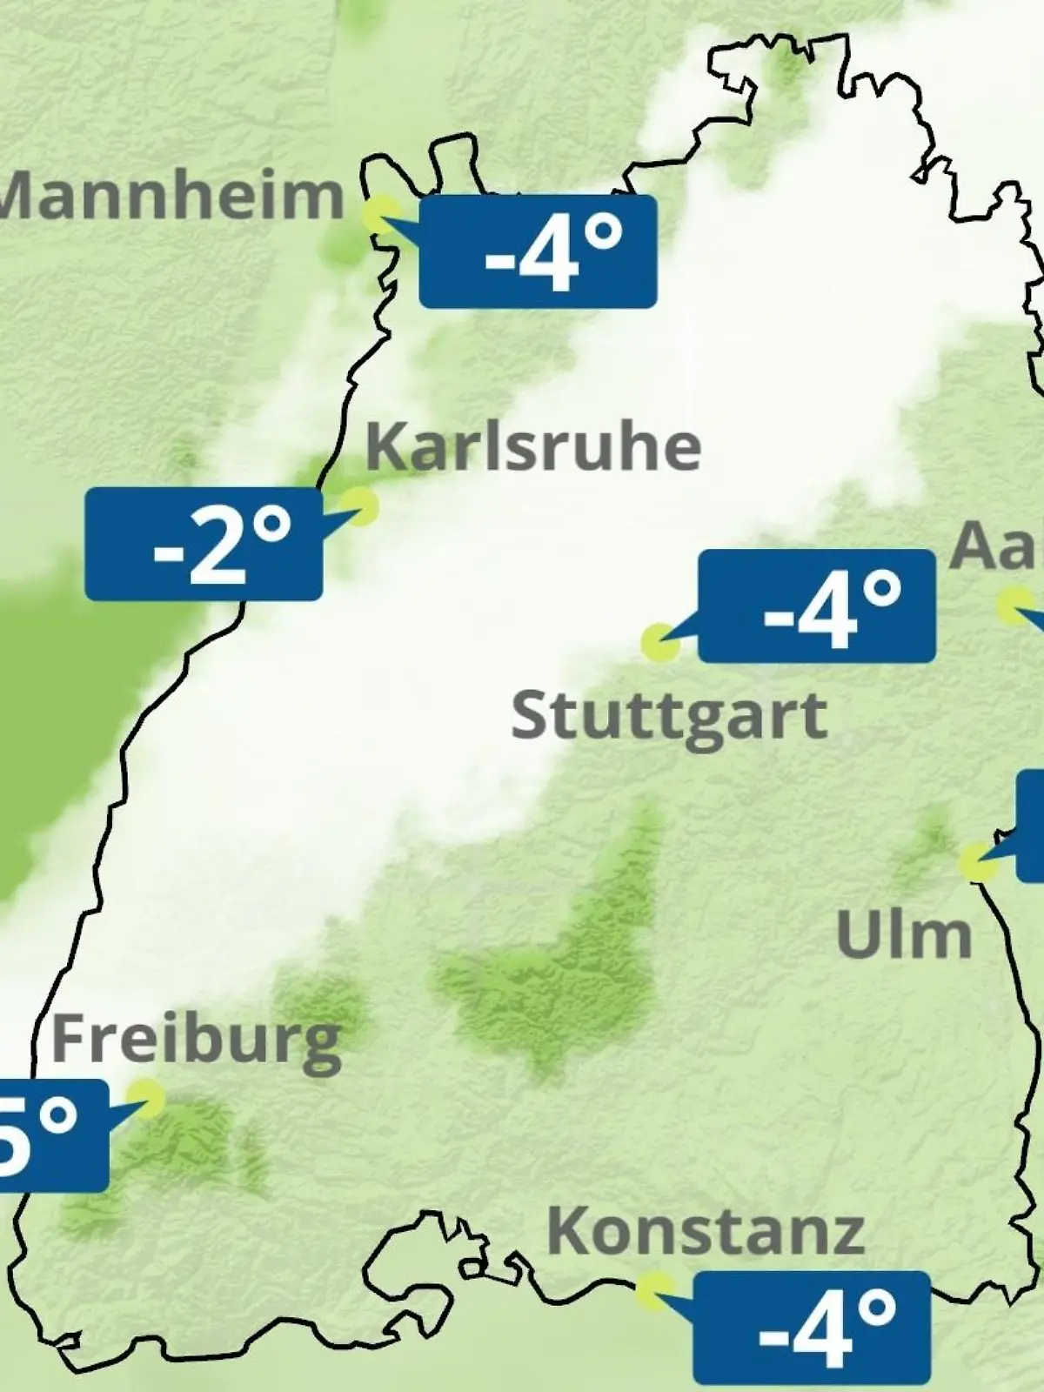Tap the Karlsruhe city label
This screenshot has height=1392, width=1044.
[533, 447]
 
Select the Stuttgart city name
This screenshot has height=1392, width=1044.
[669, 718]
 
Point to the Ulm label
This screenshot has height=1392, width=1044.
[904, 935]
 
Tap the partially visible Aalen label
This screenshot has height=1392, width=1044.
[997, 546]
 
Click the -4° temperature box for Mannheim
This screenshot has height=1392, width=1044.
[538, 251]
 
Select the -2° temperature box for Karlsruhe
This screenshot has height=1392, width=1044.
[204, 544]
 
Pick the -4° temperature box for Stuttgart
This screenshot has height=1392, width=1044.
[817, 606]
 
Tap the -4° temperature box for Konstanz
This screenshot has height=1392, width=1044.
[812, 1328]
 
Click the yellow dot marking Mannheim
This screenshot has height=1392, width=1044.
[382, 213]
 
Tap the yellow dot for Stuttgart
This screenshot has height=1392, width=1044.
[659, 642]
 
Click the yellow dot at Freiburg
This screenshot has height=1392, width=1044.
[146, 1098]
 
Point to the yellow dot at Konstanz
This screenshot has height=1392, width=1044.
[654, 1290]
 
